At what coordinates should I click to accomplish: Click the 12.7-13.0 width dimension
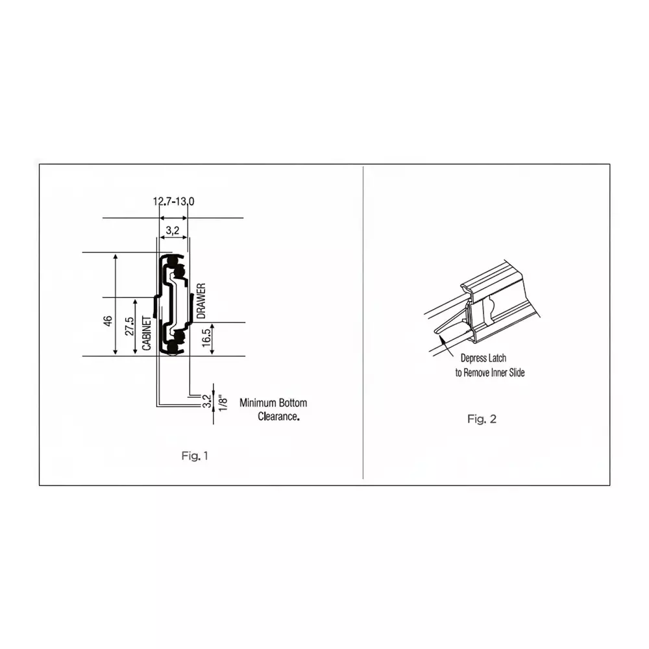pos(173,202)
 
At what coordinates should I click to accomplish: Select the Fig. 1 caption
pos(195,456)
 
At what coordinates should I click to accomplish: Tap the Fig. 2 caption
pos(482,419)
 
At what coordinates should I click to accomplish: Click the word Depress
pos(474,358)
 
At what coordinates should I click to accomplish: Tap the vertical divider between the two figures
pos(362,324)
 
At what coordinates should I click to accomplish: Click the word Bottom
pos(293,403)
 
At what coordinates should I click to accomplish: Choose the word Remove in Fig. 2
pos(476,373)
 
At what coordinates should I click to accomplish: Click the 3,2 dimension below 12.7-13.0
pos(173,230)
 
